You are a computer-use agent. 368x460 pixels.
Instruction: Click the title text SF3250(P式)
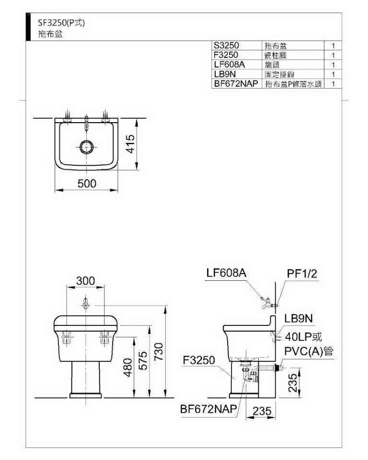point(61,23)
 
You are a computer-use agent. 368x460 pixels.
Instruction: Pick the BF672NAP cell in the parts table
point(236,83)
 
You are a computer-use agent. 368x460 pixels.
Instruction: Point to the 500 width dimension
point(87,184)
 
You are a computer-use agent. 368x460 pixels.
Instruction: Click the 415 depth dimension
point(130,144)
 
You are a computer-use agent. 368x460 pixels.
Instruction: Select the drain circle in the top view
point(87,147)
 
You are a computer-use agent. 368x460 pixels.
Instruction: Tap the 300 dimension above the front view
point(85,281)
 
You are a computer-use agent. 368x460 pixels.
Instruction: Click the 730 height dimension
point(158,352)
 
